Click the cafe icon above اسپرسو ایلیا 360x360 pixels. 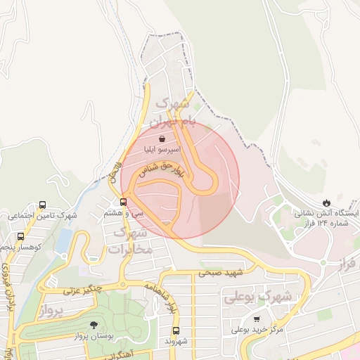point(162,139)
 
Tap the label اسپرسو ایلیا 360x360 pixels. point(162,150)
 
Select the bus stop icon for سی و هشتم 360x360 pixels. point(124,202)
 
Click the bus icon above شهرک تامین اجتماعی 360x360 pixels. point(43,205)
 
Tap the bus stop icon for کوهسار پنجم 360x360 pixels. point(20,237)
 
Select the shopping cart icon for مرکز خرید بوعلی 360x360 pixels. point(266,319)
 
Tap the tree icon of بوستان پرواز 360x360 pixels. point(94,325)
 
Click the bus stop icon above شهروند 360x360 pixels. point(176,330)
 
